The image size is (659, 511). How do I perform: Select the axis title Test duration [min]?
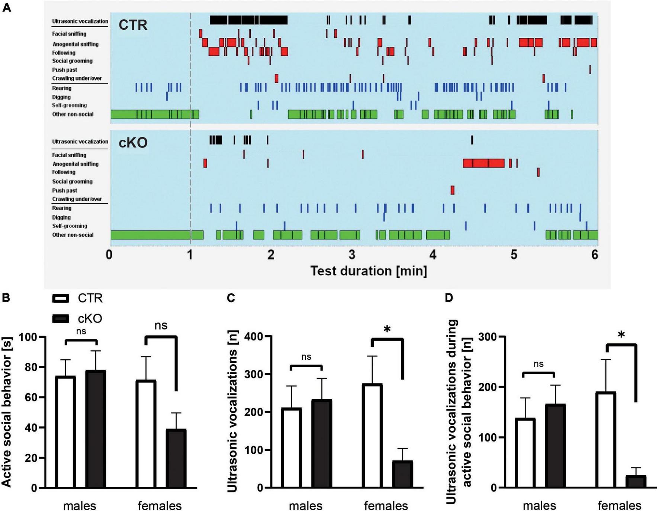tap(369, 271)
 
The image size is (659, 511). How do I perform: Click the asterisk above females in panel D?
tap(621, 336)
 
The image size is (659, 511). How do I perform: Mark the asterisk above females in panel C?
tap(387, 330)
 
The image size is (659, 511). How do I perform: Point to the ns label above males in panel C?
tap(306, 357)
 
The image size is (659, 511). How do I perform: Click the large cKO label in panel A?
tap(133, 143)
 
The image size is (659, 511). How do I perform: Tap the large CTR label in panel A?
tap(133, 25)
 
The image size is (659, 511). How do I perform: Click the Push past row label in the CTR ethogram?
tap(65, 70)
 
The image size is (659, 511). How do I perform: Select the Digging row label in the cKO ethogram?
tap(61, 217)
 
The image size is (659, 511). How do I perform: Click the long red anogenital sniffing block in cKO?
tap(483, 164)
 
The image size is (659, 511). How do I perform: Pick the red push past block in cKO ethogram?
tap(452, 190)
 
